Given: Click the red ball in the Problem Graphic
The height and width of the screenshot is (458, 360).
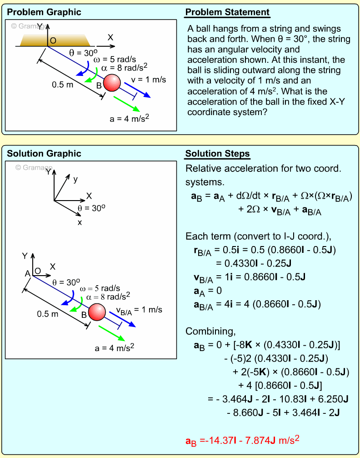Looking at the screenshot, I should (112, 83).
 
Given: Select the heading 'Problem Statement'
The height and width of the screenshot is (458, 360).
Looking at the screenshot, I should (227, 12).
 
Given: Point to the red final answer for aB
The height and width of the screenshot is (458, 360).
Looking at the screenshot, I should (242, 440).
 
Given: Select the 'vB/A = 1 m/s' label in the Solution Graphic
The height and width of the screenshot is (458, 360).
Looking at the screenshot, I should (139, 310).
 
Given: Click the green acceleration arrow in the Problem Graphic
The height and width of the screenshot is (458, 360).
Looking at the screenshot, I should (126, 103).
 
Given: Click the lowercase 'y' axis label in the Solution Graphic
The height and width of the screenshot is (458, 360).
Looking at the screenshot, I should (75, 179).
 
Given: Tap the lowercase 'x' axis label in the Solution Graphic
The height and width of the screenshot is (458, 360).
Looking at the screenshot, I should (80, 222).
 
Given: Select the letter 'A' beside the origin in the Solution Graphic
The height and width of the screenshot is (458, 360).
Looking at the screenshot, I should (27, 273).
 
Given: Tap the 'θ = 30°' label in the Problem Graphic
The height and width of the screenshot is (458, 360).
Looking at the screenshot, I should (81, 52).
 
